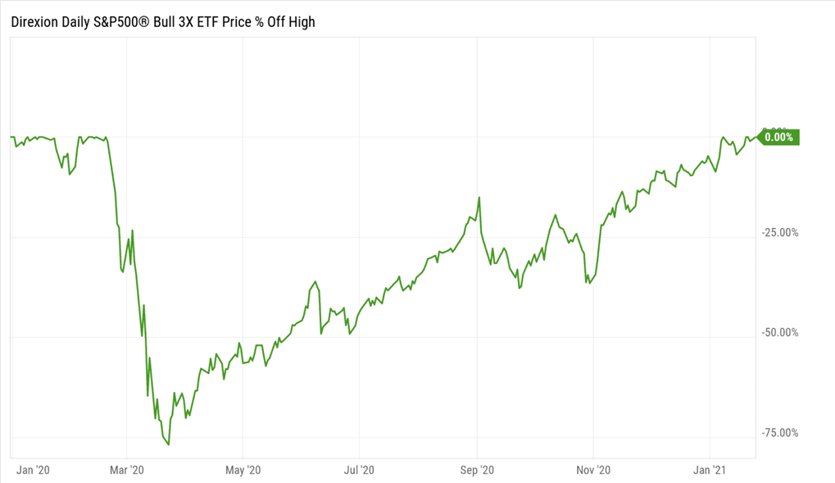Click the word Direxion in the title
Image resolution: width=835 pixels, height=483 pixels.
click(x=34, y=22)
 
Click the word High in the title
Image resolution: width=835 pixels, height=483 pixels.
click(x=300, y=22)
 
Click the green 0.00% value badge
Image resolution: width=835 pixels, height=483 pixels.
click(x=778, y=137)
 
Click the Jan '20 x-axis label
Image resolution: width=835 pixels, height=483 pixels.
click(x=33, y=470)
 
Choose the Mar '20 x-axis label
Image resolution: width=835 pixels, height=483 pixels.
click(x=127, y=470)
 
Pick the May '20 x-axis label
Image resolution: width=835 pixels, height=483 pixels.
click(x=243, y=470)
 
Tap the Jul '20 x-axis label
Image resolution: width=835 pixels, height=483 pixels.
click(x=359, y=470)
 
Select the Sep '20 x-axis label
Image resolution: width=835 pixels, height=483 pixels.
click(x=477, y=470)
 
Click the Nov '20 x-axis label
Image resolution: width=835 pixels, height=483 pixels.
click(x=592, y=470)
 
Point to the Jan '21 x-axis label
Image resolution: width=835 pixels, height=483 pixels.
click(x=709, y=470)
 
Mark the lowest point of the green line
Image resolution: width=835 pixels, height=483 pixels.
click(x=169, y=444)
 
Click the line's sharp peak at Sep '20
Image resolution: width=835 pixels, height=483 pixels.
click(x=479, y=197)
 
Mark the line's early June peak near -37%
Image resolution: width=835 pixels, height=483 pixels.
click(x=316, y=282)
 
